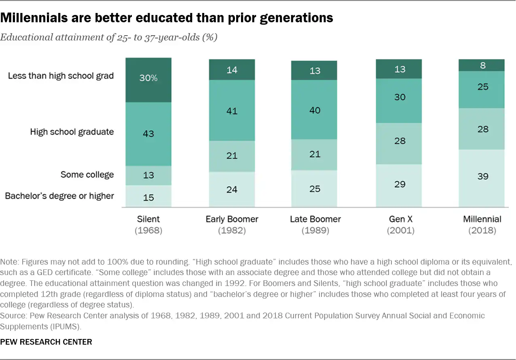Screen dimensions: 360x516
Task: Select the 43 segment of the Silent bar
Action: tap(148, 134)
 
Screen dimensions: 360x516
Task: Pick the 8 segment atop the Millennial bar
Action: tap(481, 65)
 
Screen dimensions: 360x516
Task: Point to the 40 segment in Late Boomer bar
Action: tap(315, 110)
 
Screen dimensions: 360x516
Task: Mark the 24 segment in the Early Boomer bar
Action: tap(232, 189)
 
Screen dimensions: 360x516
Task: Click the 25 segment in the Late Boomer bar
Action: tap(315, 188)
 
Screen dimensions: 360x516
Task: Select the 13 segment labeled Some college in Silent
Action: tap(148, 176)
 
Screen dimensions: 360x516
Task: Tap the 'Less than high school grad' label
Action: tap(61, 76)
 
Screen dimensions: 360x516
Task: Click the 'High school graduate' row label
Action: tap(72, 132)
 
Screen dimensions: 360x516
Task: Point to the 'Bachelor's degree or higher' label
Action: tap(59, 196)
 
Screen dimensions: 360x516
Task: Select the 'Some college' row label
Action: tap(87, 175)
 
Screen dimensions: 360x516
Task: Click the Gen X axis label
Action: tap(399, 219)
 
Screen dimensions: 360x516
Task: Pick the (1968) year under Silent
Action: tap(148, 231)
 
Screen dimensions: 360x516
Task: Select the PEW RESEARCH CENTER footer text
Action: tap(46, 342)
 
